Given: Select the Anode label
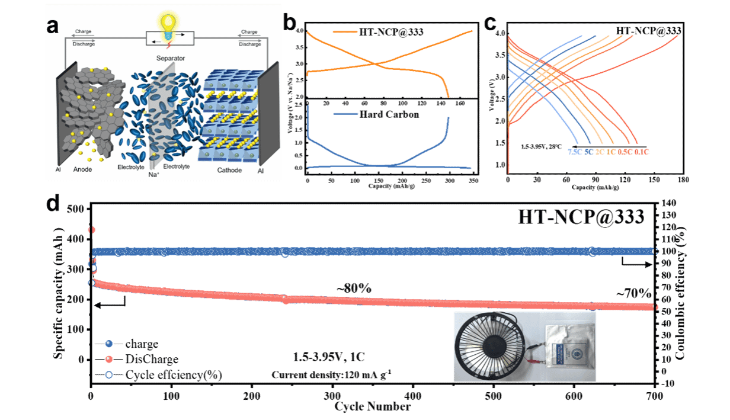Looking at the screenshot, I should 82,170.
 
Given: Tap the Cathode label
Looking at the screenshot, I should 229,170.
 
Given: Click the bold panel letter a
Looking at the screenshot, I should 53,26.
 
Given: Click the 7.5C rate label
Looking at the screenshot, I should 574,152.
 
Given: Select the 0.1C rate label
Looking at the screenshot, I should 642,152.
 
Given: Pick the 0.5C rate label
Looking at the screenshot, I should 625,152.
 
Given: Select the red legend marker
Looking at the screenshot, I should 108,359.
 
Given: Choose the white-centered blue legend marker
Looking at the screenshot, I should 108,374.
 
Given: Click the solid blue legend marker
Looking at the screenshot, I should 108,344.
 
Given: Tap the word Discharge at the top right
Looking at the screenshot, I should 249,44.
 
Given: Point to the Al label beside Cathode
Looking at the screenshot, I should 261,170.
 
